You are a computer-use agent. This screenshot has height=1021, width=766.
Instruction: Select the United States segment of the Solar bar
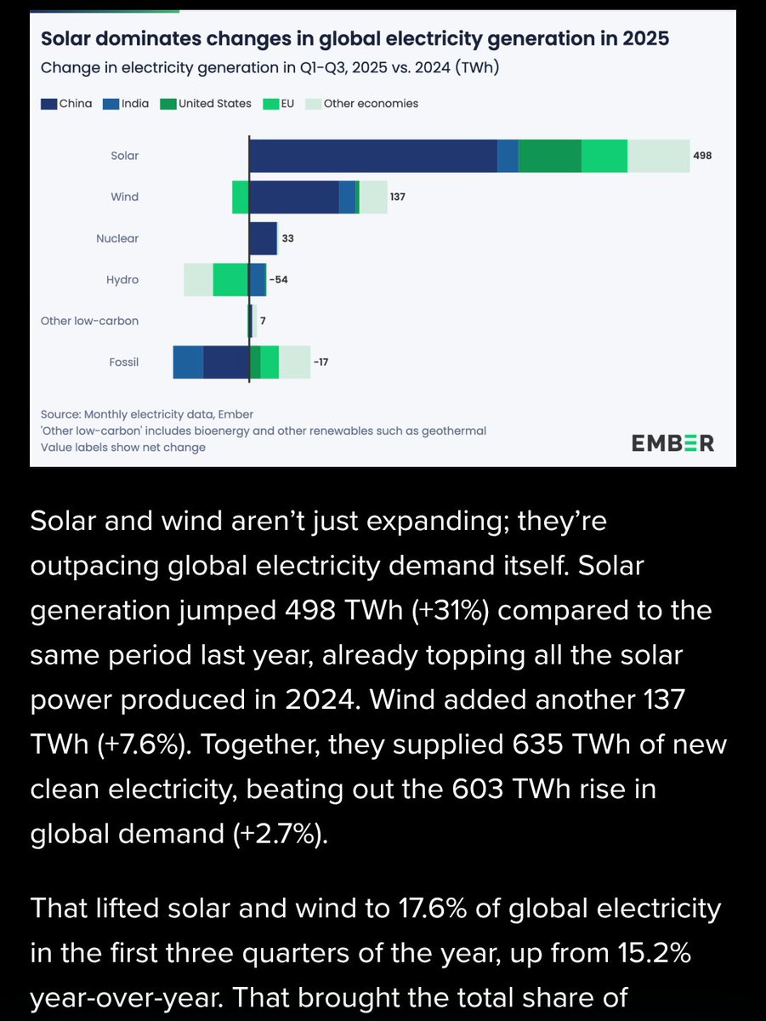tap(550, 156)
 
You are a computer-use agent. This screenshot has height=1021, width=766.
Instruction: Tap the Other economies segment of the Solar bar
tap(658, 156)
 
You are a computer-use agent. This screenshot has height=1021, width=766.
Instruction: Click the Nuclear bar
tap(263, 238)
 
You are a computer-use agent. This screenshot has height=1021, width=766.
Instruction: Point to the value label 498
tap(701, 156)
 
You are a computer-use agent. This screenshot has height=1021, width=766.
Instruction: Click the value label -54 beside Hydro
tap(279, 280)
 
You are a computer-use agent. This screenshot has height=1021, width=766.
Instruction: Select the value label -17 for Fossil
tap(320, 362)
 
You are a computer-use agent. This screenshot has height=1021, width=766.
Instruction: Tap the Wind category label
tap(124, 197)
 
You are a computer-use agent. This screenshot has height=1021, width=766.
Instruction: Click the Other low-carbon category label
tap(89, 321)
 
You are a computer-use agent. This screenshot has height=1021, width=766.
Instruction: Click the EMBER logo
tap(672, 443)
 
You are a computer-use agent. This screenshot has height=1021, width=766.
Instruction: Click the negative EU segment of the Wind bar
tap(241, 197)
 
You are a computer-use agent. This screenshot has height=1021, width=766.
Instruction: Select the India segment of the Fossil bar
tap(188, 362)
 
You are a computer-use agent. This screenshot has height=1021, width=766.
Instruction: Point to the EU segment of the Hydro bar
tap(230, 280)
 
